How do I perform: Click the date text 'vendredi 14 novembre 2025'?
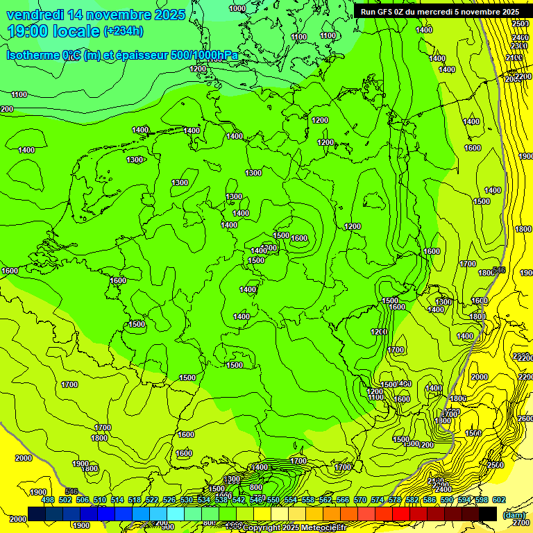pos(96,15)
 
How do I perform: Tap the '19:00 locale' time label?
pos(53,31)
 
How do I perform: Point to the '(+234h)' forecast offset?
pos(124,31)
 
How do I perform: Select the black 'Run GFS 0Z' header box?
pos(440,11)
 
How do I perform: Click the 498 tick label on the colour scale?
pos(48,500)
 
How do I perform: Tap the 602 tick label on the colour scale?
pos(498,500)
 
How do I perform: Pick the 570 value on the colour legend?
pos(359,500)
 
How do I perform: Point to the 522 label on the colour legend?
pos(152,500)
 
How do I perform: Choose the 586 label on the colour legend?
pos(428,500)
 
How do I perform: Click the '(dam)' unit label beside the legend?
pos(514,514)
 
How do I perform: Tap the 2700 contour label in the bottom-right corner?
pos(521,523)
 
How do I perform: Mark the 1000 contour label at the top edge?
pos(237,8)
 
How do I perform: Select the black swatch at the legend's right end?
pos(488,514)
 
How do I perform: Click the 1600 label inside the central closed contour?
pos(299,238)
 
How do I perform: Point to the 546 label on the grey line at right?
pos(498,269)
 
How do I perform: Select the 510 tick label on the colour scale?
pos(100,500)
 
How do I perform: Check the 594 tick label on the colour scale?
pos(463,500)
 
